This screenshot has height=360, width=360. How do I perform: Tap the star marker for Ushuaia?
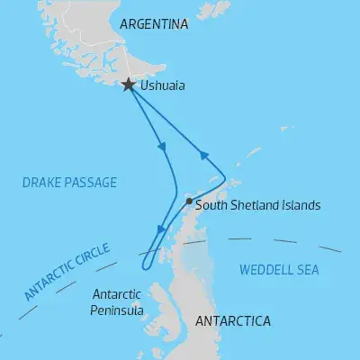pos(129,85)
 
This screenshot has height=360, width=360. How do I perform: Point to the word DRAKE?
pos(42,183)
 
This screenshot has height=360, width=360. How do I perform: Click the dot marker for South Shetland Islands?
pos(188,202)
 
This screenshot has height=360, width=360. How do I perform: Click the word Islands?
pos(301,205)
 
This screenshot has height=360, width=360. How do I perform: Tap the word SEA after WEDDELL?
pos(307,270)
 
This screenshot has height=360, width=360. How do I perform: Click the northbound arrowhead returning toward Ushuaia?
pos(204,157)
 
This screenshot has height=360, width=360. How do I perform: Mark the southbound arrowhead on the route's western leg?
pos(162,146)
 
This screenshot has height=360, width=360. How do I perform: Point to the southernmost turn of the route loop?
pos(145,266)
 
